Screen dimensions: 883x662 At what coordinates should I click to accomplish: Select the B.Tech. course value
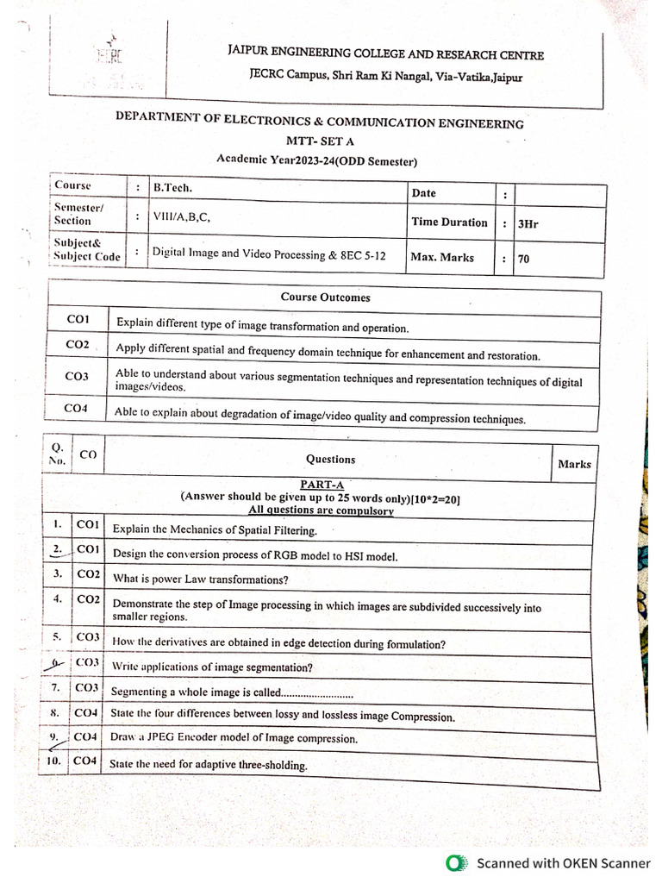tap(172, 186)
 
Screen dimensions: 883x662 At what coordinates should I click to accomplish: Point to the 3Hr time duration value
tap(527, 223)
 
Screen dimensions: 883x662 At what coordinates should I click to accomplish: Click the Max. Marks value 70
tap(524, 259)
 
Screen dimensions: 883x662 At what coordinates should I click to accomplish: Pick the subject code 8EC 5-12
tap(364, 255)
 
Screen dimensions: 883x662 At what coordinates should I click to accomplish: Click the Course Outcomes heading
tap(325, 297)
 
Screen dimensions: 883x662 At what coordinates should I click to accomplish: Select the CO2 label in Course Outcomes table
tap(78, 345)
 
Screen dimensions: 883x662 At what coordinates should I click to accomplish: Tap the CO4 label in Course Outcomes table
tap(77, 408)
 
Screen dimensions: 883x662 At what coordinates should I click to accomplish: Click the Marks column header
tap(574, 464)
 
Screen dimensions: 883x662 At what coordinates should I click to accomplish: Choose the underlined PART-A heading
tap(322, 485)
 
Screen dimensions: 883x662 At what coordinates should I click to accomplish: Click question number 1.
tap(56, 523)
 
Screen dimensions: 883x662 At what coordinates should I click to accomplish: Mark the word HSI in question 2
tap(354, 557)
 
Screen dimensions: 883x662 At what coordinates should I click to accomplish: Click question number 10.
tap(53, 761)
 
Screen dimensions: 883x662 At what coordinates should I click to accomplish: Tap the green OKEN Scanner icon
tap(456, 862)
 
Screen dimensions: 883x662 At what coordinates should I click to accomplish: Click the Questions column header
tap(330, 460)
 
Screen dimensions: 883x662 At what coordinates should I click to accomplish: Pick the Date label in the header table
tap(424, 193)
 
